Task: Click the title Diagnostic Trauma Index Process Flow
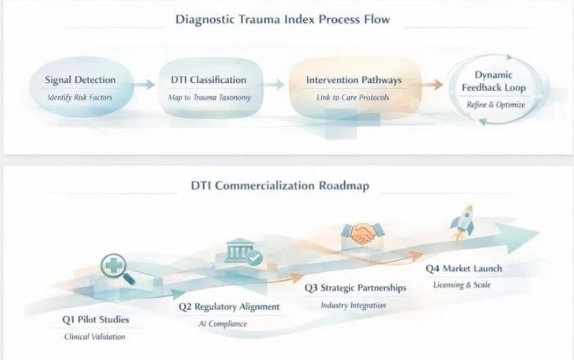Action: pos(283,19)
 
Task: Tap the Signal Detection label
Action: pos(80,80)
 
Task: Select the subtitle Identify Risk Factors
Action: pos(80,97)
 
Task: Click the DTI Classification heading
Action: pos(208,80)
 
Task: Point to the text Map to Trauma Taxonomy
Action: pos(210,97)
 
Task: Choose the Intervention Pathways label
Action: pos(354,80)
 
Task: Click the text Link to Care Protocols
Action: pos(353,97)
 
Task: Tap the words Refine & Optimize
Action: pos(495,105)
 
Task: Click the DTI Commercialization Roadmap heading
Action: pos(280,185)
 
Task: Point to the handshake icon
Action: pos(362,234)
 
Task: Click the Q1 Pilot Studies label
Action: pos(96,319)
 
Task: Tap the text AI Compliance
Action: pos(223,324)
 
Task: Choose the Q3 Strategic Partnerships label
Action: pos(355,288)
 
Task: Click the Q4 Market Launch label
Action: pos(464,269)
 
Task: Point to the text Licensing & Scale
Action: pos(462,285)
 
